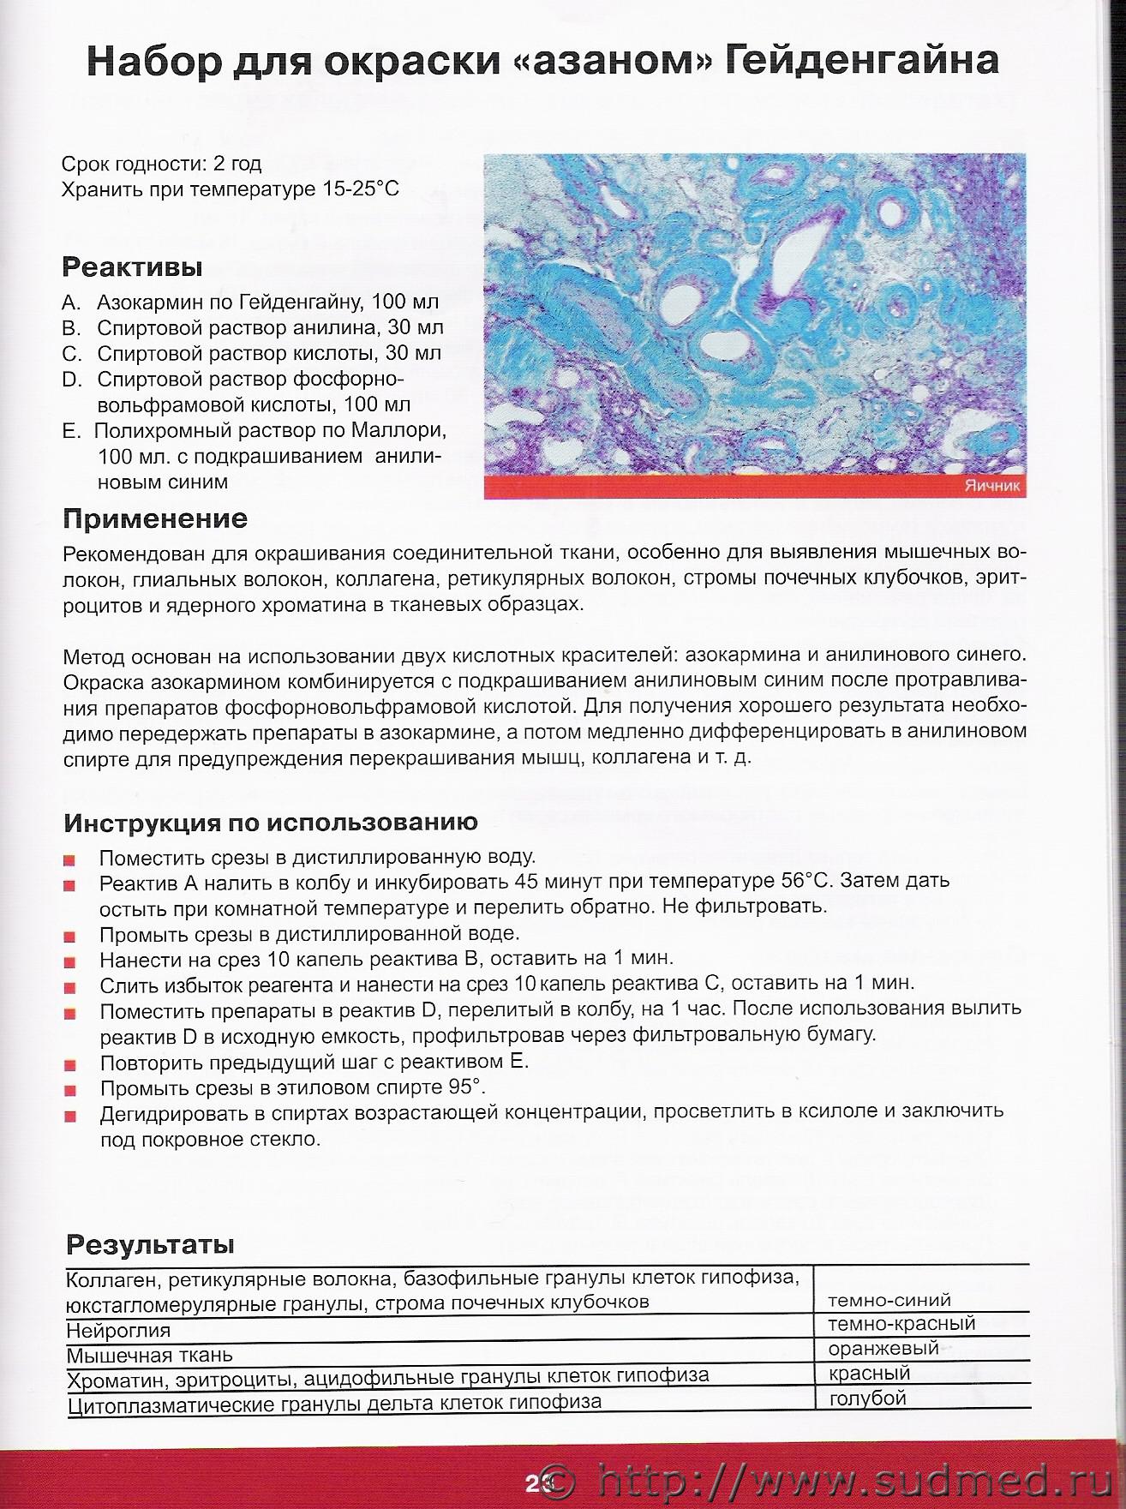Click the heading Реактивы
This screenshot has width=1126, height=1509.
pos(132,267)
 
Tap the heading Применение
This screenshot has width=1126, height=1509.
pos(155,518)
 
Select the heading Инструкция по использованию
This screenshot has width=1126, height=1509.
pos(271,823)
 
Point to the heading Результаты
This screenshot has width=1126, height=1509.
pos(150,1244)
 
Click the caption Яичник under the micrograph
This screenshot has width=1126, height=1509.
pos(992,487)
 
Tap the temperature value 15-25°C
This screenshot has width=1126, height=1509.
pos(361,189)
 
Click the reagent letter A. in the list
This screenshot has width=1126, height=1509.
pos(71,302)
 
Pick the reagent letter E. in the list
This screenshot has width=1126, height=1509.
pos(70,431)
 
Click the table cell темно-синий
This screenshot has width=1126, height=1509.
pos(889,1300)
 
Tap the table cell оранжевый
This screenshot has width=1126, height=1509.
pos(883,1348)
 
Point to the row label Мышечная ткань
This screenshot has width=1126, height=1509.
pos(149,1356)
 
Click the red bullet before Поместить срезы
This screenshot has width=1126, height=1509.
pos(70,859)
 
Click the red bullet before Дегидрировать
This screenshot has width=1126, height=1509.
pos(70,1117)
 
